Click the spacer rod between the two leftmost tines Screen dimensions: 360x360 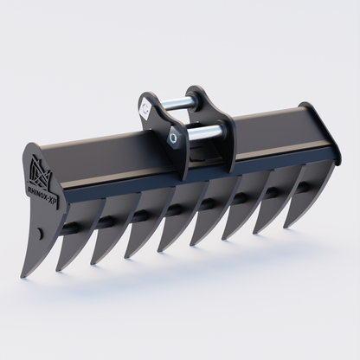[x=73, y=227]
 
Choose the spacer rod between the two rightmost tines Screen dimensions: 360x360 [x=298, y=183]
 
